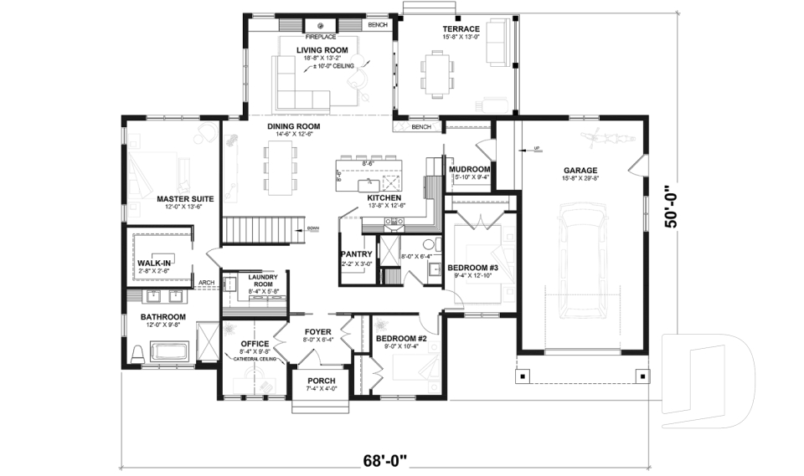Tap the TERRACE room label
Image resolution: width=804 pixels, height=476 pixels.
(x=461, y=28)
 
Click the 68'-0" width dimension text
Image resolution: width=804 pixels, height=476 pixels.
(x=385, y=459)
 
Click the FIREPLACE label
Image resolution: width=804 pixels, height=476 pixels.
(x=321, y=37)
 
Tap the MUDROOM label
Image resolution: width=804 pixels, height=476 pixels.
(x=469, y=169)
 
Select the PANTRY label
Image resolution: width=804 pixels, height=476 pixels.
(x=356, y=253)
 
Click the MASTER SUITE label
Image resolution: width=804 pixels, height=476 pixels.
(x=185, y=199)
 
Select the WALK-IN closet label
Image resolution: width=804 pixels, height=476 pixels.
(x=154, y=263)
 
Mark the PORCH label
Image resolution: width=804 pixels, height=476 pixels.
(x=322, y=380)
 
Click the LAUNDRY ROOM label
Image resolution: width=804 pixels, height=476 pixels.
(x=257, y=281)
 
